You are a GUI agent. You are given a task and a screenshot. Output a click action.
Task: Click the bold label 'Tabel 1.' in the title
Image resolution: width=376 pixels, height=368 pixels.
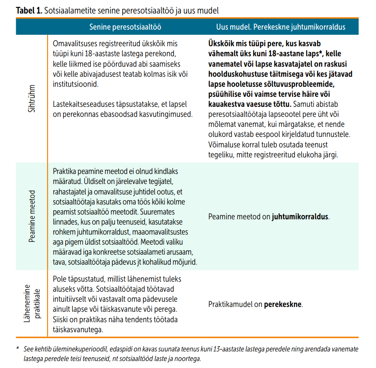[x=29, y=10]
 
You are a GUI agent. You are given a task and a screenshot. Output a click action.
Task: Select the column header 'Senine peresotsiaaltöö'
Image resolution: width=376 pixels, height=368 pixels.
[x=125, y=27]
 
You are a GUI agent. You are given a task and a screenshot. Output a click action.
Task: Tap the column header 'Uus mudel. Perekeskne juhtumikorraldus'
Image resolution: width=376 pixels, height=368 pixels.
[x=281, y=27]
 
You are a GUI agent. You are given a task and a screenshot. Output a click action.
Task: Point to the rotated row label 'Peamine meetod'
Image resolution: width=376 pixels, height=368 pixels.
[x=31, y=216]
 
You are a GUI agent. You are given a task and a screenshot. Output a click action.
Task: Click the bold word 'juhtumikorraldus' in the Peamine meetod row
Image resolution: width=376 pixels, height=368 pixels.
[x=300, y=217]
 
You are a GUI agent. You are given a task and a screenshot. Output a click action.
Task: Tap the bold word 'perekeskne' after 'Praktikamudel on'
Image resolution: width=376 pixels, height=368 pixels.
[x=283, y=304]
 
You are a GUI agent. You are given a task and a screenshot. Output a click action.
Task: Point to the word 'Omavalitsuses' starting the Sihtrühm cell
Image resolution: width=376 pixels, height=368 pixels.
[x=73, y=44]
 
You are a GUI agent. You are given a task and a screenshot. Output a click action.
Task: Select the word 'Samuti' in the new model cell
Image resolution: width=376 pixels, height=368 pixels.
[x=304, y=104]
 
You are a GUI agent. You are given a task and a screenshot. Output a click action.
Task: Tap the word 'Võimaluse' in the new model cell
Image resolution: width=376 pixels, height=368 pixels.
[x=223, y=144]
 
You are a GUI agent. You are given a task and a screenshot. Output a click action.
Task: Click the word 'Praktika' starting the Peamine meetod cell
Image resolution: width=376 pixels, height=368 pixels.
[x=65, y=171]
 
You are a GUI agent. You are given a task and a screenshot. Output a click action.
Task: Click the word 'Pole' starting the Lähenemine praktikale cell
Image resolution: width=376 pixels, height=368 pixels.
[x=59, y=279]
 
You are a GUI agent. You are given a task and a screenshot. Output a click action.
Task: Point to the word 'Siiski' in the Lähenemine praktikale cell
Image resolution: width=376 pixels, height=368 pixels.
[x=62, y=320]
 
